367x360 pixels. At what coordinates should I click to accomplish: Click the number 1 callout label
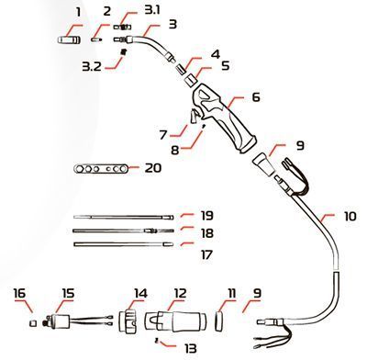[79, 13]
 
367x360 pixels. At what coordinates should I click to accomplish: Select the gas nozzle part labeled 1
[70, 39]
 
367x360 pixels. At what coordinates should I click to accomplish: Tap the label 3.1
[152, 10]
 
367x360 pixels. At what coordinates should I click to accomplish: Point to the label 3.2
[92, 66]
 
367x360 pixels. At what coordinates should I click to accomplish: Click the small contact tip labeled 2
[96, 39]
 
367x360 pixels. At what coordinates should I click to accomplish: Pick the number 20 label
[153, 168]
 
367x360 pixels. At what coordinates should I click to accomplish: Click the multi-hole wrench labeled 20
[102, 169]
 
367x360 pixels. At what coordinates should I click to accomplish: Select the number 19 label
[207, 215]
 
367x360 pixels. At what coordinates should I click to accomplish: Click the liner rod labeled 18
[124, 231]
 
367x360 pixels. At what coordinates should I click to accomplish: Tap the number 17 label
[206, 254]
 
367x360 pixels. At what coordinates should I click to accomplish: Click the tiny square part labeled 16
[32, 322]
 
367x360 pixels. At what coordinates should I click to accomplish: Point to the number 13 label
[190, 348]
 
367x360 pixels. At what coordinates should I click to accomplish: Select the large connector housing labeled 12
[175, 321]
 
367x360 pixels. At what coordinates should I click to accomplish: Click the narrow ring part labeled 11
[218, 321]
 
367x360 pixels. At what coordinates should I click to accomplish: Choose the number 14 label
[140, 293]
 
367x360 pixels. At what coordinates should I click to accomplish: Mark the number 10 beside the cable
[350, 216]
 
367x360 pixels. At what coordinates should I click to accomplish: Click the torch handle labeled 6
[227, 121]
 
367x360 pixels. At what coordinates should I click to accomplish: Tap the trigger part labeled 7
[194, 117]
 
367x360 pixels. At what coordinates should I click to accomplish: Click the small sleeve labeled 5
[191, 81]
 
